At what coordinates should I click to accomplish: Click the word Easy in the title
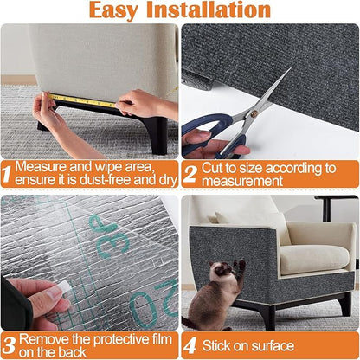tap(119, 10)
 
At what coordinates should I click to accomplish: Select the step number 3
tap(8, 345)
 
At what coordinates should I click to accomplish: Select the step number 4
tap(190, 345)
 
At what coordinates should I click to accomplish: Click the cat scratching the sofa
tap(212, 299)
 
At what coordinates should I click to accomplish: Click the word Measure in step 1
tap(42, 166)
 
